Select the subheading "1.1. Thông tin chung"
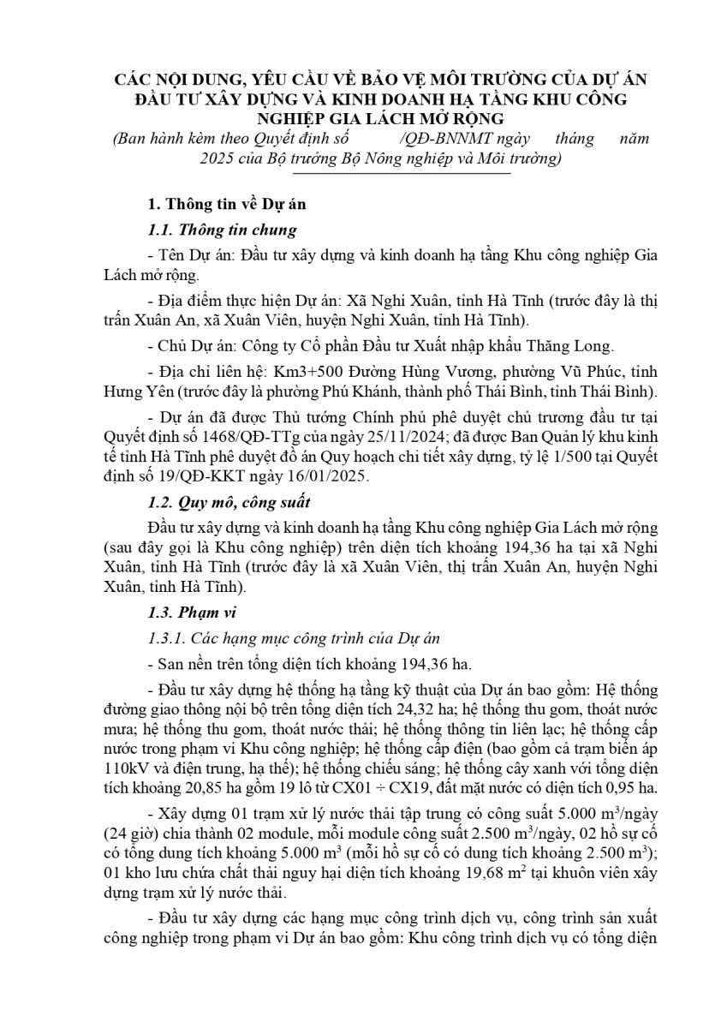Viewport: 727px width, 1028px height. pyautogui.click(x=223, y=230)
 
